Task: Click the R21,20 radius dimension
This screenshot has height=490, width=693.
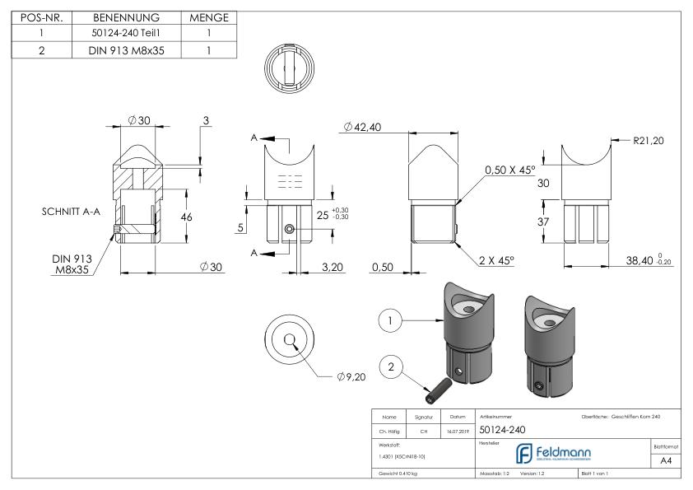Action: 649,141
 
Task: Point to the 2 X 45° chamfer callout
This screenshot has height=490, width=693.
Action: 495,260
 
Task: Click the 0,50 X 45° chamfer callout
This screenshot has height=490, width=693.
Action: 511,169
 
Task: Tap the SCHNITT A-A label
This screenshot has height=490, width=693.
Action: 72,212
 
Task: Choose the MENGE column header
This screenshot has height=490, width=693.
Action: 209,17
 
